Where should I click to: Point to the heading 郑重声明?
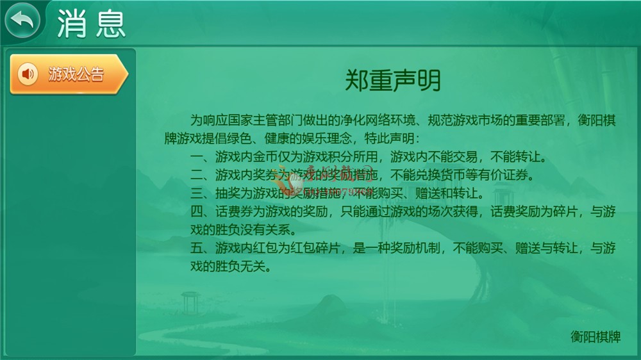pyautogui.click(x=393, y=81)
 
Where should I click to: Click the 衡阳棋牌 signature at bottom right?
pyautogui.click(x=595, y=336)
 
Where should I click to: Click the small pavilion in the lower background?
pyautogui.click(x=190, y=303)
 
